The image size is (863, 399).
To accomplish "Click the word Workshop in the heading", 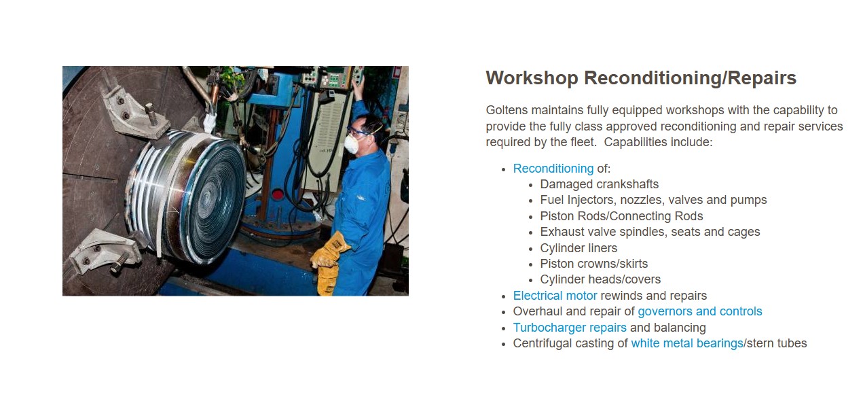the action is pos(532,78).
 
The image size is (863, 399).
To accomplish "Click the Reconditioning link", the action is pos(553,169).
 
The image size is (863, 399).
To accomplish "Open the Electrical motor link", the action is pos(555,296).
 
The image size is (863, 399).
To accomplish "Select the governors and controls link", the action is pos(700,311).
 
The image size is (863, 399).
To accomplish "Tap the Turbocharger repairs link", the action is pos(570,328).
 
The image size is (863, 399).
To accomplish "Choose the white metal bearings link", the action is pos(687,343).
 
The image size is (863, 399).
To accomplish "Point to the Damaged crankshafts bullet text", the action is pos(600,184).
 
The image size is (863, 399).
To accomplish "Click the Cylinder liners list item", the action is pos(579,248).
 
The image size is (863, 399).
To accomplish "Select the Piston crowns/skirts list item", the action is pos(594,264).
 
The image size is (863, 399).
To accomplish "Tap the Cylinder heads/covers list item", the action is pos(600,279).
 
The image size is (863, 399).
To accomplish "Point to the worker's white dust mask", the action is pos(351,143).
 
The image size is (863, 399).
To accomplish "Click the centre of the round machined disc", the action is pos(209,196).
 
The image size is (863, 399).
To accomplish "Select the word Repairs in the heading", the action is pos(762,78).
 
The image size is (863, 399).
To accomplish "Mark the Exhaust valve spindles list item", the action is pos(650,232).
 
